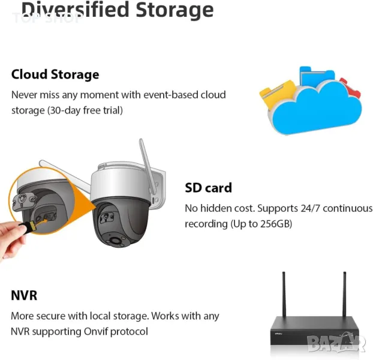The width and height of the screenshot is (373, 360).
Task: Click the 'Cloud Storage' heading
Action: (x=55, y=74)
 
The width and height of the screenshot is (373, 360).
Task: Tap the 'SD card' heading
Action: (x=207, y=188)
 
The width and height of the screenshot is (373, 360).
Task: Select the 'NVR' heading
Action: (x=24, y=295)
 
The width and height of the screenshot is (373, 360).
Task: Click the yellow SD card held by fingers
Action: (x=28, y=225)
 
